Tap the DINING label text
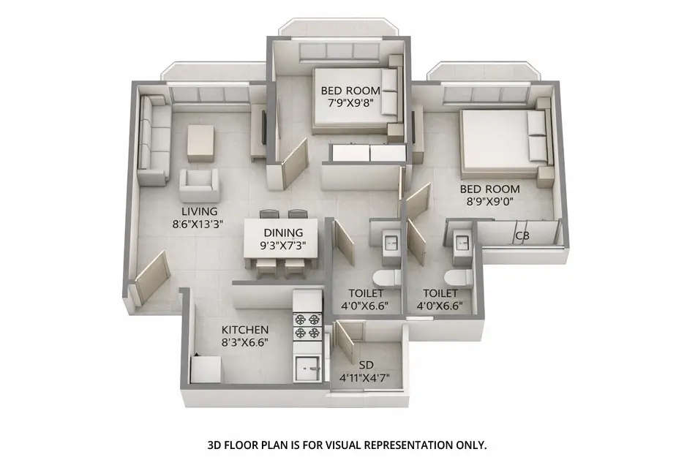pyautogui.click(x=284, y=233)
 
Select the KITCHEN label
pyautogui.click(x=245, y=330)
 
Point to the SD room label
pyautogui.click(x=366, y=364)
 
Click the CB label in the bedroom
pyautogui.click(x=522, y=236)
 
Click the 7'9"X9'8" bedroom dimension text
pyautogui.click(x=350, y=103)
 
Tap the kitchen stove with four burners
pyautogui.click(x=308, y=325)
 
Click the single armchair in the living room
pyautogui.click(x=200, y=186)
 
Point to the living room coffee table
pyautogui.click(x=201, y=143)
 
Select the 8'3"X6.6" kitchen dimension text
pyautogui.click(x=245, y=342)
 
